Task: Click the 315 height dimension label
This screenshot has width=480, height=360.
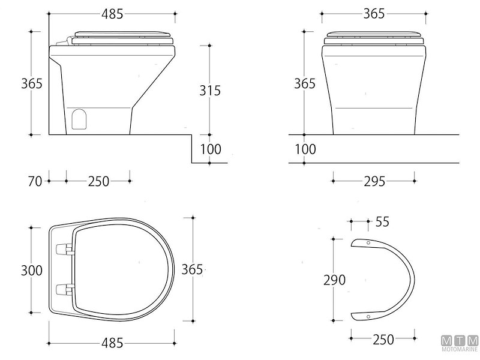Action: pyautogui.click(x=210, y=91)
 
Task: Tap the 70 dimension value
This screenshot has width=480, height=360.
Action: pyautogui.click(x=35, y=181)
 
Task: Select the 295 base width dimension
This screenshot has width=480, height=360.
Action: pyautogui.click(x=374, y=181)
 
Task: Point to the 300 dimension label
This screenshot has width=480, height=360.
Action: pyautogui.click(x=31, y=271)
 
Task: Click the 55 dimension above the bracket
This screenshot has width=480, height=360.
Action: pyautogui.click(x=382, y=221)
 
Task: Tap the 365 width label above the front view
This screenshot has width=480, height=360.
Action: pyautogui.click(x=374, y=13)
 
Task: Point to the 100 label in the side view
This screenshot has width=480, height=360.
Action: pyautogui.click(x=211, y=149)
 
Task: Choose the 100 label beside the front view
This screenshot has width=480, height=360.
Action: pyautogui.click(x=305, y=149)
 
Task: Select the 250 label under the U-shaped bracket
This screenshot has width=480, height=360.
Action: pyautogui.click(x=382, y=340)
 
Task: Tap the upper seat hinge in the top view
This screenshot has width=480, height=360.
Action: pyautogui.click(x=62, y=248)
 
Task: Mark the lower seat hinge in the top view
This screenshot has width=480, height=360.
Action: pyautogui.click(x=62, y=289)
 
